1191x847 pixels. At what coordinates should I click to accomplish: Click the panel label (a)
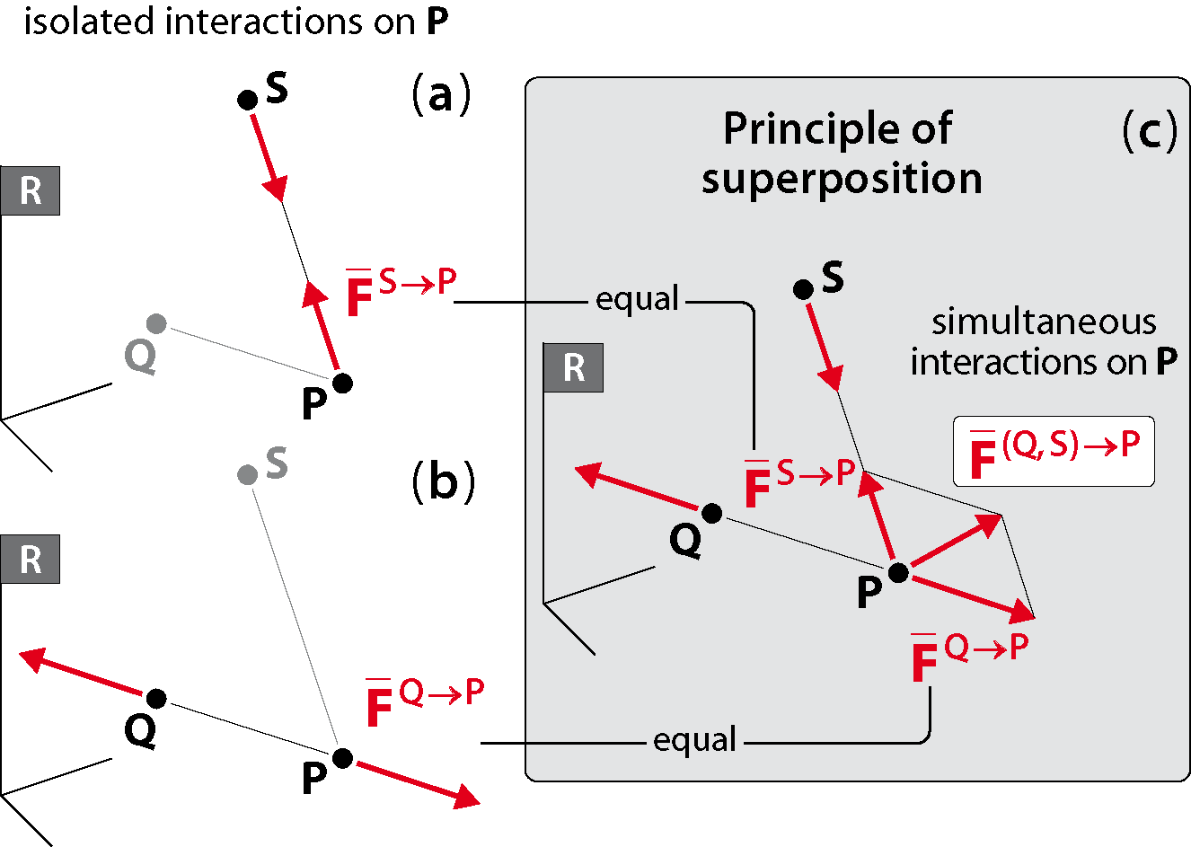click(441, 94)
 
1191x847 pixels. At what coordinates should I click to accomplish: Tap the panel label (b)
click(444, 481)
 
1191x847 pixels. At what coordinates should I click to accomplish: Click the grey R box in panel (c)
click(573, 368)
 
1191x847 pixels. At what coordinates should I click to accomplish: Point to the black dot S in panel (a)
click(247, 100)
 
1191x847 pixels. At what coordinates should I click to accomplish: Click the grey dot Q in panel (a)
click(156, 323)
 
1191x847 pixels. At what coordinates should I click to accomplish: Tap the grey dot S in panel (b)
click(247, 474)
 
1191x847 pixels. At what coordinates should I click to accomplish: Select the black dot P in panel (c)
click(898, 573)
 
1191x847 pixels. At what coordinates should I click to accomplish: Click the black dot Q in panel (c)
click(712, 513)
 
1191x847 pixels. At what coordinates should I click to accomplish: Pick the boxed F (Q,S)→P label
click(1054, 452)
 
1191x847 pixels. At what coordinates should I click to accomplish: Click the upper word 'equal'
click(637, 299)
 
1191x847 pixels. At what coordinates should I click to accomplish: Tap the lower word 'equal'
click(694, 739)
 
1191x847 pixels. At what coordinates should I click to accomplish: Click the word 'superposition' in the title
click(842, 180)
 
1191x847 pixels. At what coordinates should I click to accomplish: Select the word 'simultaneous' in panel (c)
click(1044, 322)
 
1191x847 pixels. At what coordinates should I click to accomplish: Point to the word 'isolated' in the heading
click(89, 22)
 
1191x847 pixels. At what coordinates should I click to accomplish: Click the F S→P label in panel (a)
click(401, 291)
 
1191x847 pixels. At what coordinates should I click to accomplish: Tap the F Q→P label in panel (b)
click(426, 701)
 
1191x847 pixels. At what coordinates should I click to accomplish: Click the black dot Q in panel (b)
click(156, 699)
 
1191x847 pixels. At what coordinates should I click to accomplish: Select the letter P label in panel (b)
click(314, 778)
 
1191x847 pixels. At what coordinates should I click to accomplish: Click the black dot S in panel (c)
click(803, 290)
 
